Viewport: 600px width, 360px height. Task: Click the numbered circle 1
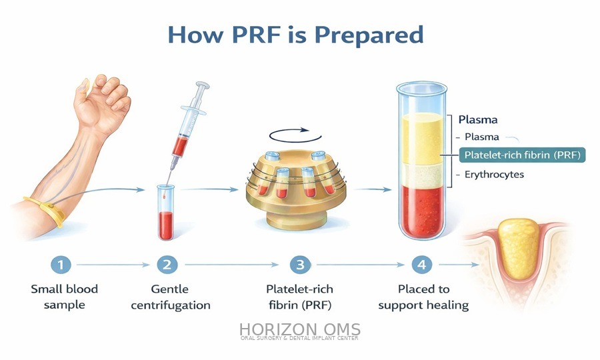pos(60,265)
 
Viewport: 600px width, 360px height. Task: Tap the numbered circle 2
pos(167,265)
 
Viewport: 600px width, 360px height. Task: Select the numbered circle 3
pos(301,265)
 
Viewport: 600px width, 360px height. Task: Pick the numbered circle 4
pos(421,265)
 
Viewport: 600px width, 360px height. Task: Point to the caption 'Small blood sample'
pos(64,297)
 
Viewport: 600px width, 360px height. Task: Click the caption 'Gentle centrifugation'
pos(170,297)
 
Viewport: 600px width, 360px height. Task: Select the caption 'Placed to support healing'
pos(423,297)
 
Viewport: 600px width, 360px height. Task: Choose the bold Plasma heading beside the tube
pos(478,120)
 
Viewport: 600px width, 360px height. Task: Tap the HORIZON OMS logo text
pos(299,329)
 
